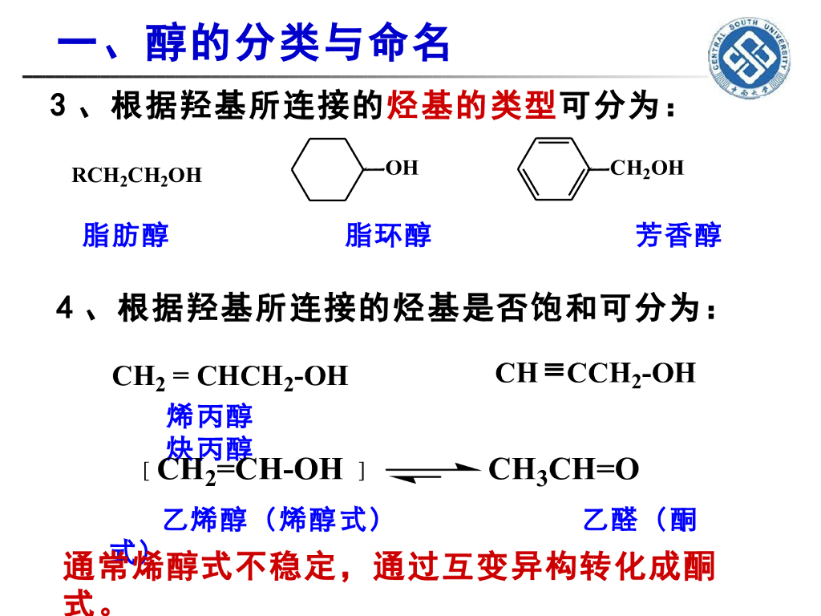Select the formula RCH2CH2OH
[x=137, y=176]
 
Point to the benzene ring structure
[x=553, y=169]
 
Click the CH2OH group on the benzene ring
[x=646, y=168]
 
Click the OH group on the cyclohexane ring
[x=402, y=168]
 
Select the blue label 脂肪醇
[x=126, y=235]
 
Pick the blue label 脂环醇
[x=388, y=235]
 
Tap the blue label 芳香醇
[x=678, y=235]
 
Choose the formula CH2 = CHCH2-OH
[x=230, y=375]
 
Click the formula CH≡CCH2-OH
[x=595, y=373]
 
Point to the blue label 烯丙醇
[x=209, y=415]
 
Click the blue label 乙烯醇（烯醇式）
[x=272, y=520]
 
